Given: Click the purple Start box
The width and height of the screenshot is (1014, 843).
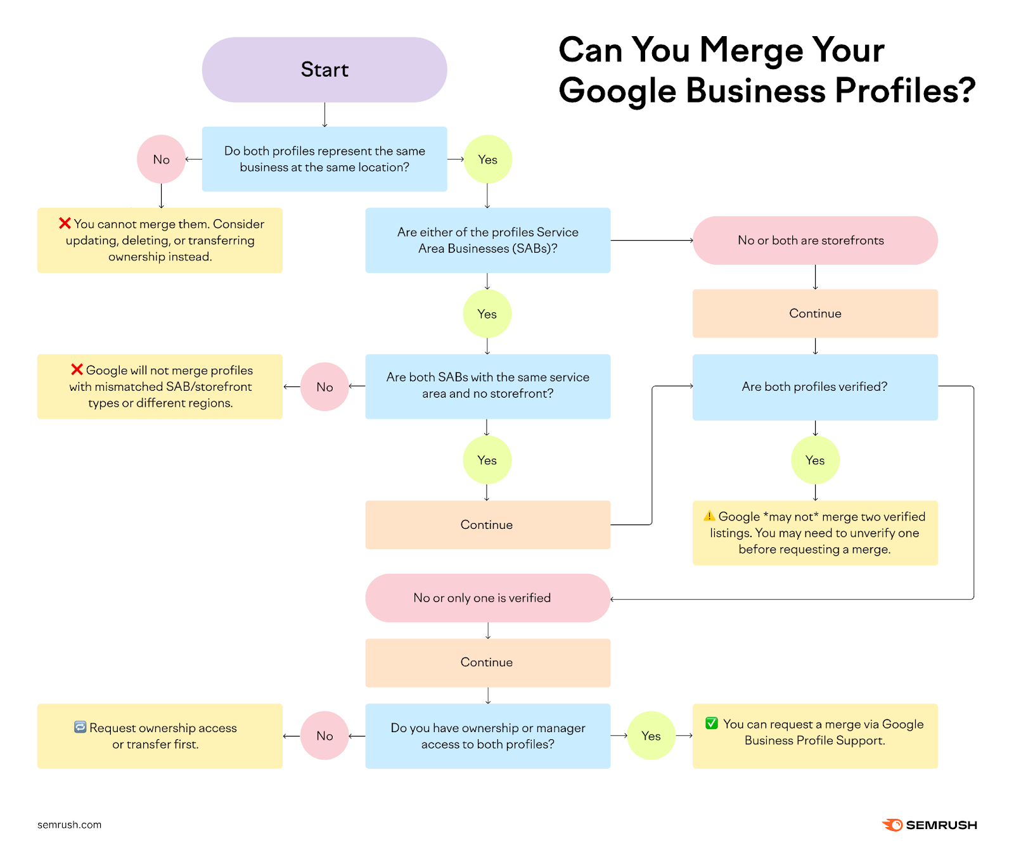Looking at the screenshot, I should point(324,70).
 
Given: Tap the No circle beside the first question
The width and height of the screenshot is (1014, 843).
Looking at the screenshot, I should point(161,160).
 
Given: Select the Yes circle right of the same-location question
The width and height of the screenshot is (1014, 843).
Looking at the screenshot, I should point(487,160).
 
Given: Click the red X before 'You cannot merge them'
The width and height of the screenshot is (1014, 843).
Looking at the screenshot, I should point(65,224).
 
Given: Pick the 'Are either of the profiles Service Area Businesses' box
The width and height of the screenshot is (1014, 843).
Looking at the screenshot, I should point(487,240).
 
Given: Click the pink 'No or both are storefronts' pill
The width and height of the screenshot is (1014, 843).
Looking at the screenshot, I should point(814,241).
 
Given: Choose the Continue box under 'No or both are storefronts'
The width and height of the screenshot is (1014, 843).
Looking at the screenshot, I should point(814,314).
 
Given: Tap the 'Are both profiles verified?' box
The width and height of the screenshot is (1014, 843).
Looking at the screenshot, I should point(814,387).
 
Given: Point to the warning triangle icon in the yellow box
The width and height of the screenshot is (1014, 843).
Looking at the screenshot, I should point(709,516).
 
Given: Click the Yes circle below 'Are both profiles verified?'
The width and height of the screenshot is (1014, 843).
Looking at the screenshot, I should point(814,460).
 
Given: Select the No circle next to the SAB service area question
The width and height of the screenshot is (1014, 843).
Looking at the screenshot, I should point(324,387).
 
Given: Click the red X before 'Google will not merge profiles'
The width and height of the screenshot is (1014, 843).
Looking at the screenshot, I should point(77,370).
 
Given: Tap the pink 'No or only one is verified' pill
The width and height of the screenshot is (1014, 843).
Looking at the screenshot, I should point(487,598).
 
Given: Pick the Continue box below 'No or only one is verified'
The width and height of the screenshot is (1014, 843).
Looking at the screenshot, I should point(487,662).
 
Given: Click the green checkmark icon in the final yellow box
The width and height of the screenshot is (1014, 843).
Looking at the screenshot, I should point(712,723).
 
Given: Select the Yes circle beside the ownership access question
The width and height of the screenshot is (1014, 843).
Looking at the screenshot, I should point(651,736).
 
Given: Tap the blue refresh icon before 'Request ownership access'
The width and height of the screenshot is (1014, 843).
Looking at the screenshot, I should point(80,727).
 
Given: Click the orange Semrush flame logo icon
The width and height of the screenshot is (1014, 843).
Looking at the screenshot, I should point(892,825).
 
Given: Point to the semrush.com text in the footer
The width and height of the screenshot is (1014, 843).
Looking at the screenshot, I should point(69,825).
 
